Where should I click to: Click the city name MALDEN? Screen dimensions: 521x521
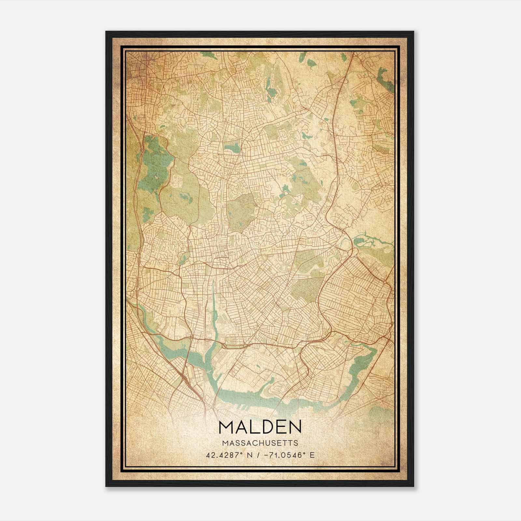tap(260, 427)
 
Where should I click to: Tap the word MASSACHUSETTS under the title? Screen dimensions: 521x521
tap(260, 443)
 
